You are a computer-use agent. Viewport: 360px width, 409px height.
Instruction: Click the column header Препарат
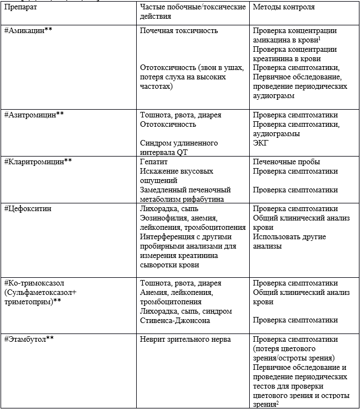click(x=21, y=8)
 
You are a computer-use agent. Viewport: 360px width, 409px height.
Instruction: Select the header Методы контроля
click(x=284, y=8)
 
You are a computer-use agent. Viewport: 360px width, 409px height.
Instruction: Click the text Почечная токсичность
click(x=179, y=31)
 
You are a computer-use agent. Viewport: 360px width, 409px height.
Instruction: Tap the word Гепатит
click(x=154, y=162)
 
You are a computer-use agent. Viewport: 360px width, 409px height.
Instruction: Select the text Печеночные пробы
click(x=287, y=162)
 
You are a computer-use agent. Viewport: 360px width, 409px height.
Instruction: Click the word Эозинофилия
click(x=164, y=218)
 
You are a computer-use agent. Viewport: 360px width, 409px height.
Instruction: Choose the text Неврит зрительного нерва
click(x=186, y=339)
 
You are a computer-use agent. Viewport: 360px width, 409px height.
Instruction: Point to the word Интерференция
click(x=168, y=237)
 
